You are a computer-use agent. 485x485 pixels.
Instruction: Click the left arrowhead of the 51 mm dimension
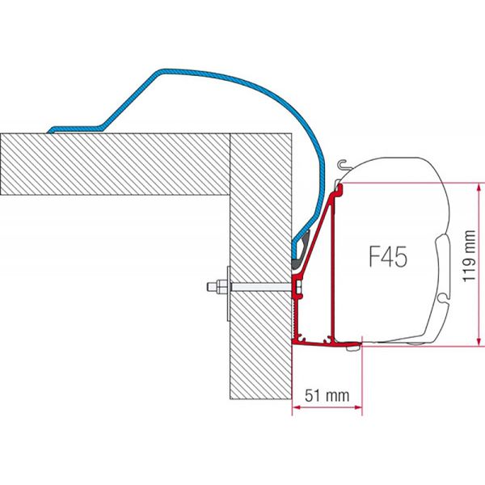[x=294, y=407]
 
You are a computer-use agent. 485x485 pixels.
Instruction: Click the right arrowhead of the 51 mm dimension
[x=358, y=407]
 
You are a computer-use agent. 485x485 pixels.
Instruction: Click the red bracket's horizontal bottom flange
[x=323, y=343]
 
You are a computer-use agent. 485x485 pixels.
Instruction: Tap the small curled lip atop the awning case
[x=344, y=164]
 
